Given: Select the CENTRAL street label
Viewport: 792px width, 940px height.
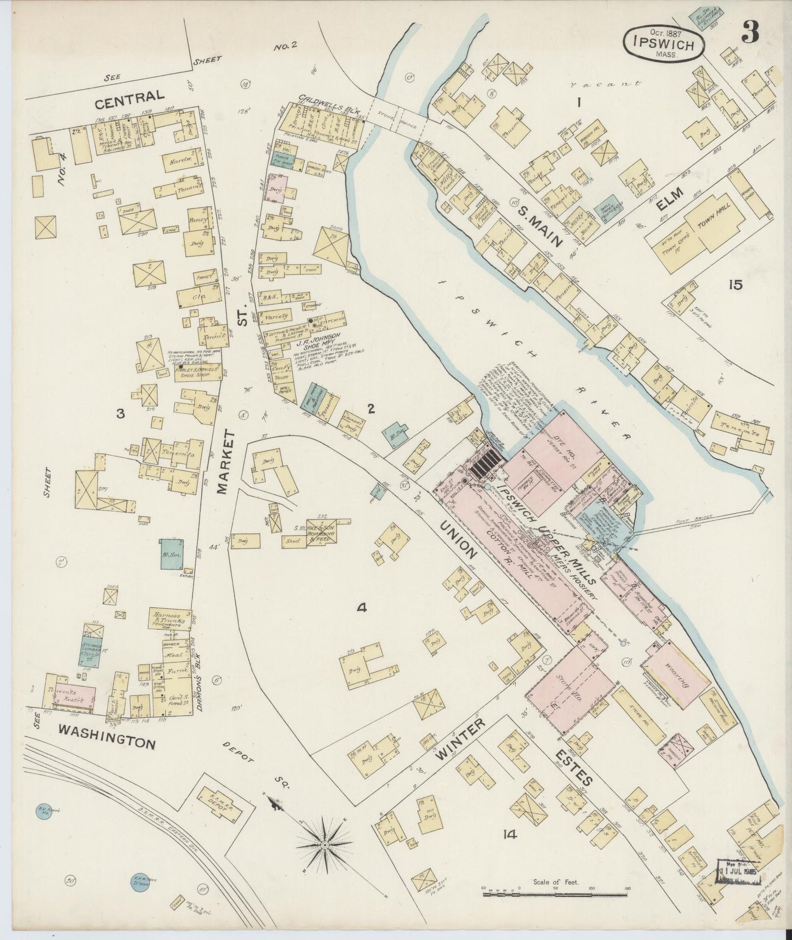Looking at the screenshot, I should click(x=129, y=97).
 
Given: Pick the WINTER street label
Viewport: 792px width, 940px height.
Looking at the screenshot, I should click(x=460, y=739).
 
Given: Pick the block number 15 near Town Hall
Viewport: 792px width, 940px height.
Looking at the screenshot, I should click(x=734, y=285).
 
